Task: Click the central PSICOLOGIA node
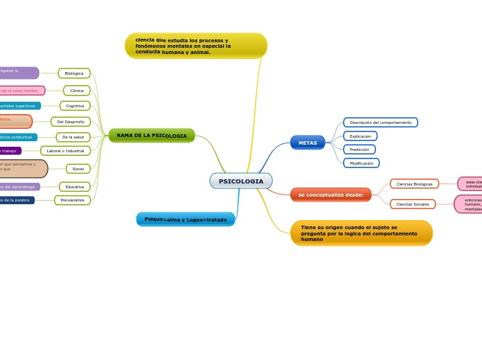[x=241, y=181]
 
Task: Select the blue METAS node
[x=307, y=143]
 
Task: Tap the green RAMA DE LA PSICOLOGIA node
[x=152, y=136]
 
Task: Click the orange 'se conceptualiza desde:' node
[x=331, y=195]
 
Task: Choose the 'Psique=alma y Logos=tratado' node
[x=186, y=219]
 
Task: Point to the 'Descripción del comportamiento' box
[x=380, y=123]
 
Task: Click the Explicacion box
[x=360, y=136]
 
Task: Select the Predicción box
[x=359, y=150]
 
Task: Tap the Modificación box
[x=361, y=163]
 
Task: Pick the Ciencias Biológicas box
[x=414, y=184]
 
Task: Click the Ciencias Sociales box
[x=413, y=204]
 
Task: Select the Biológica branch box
[x=74, y=73]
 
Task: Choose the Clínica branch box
[x=77, y=91]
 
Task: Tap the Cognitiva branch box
[x=75, y=106]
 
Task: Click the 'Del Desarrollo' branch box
[x=71, y=122]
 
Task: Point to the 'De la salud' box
[x=73, y=137]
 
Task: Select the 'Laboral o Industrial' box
[x=65, y=151]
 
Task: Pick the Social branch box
[x=78, y=169]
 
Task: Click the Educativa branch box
[x=75, y=187]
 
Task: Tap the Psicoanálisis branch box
[x=72, y=200]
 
